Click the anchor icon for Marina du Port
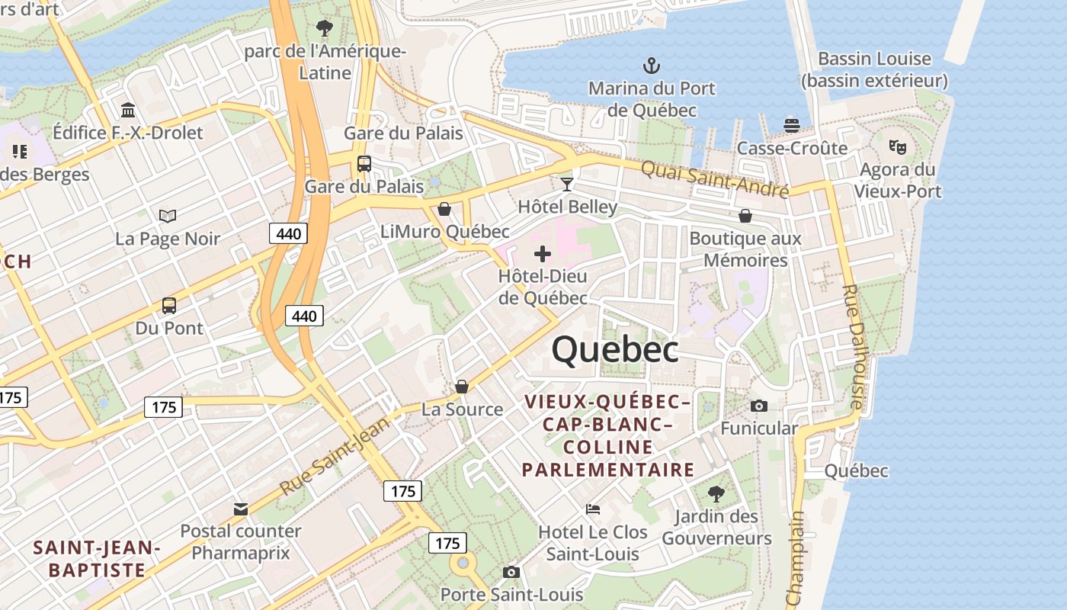[x=652, y=65]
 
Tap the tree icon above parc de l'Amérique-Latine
[x=325, y=29]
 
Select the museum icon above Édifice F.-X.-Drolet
[x=128, y=111]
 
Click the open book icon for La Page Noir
[x=168, y=217]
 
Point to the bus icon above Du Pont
[x=169, y=306]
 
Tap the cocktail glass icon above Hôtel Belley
[x=567, y=184]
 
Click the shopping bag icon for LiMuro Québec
[x=444, y=209]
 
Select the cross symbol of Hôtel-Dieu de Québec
[x=543, y=253]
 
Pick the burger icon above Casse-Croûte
[x=792, y=125]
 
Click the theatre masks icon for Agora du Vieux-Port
[x=898, y=146]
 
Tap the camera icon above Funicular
[x=759, y=406]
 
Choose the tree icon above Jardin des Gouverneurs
[x=716, y=493]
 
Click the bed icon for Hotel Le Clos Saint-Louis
[x=593, y=509]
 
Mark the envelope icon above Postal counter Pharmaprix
[x=241, y=509]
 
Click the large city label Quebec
[x=615, y=350]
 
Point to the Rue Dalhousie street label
[x=852, y=347]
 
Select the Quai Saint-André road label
[x=714, y=179]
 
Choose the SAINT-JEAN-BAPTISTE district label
[x=97, y=558]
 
